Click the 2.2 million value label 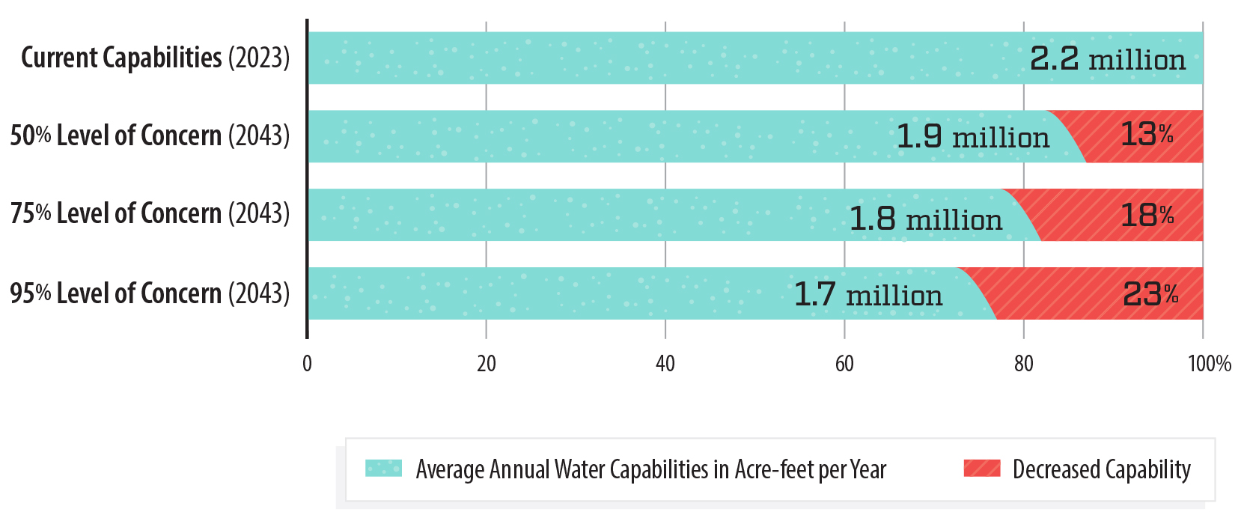click(1107, 59)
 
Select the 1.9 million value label click(972, 137)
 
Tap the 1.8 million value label click(925, 219)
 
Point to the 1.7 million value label click(868, 295)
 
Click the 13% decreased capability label click(1146, 135)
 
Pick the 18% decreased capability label click(1146, 216)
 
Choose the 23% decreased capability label click(1150, 294)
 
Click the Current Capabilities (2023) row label click(155, 58)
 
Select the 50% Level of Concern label click(150, 135)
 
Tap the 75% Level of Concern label click(150, 213)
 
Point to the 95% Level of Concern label click(150, 293)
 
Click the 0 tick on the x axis click(307, 364)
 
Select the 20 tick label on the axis click(487, 364)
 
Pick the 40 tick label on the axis click(665, 364)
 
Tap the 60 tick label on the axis click(844, 364)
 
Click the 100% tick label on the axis click(1209, 364)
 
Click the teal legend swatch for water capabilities click(383, 469)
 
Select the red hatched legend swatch click(981, 469)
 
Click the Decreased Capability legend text click(1101, 469)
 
